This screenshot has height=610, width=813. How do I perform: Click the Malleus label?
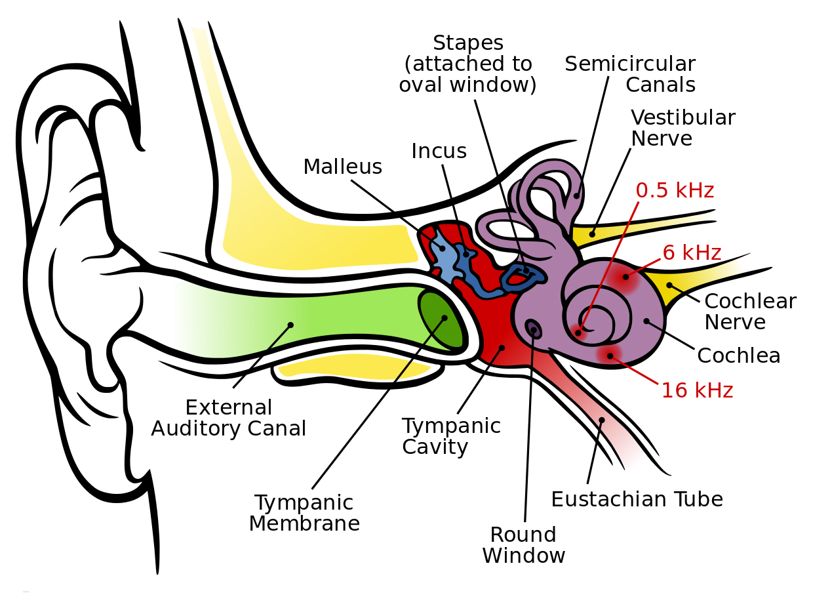342,167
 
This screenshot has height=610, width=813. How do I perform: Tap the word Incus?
439,151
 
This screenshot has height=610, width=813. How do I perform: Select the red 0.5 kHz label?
675,190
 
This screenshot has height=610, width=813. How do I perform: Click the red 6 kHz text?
692,253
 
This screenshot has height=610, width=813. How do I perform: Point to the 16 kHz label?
697,390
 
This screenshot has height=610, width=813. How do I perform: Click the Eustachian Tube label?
637,499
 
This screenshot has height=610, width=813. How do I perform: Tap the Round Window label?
523,545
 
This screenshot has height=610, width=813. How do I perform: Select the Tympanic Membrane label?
304,513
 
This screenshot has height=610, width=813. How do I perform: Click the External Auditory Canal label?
229,418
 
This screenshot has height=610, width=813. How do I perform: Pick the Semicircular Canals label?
630,74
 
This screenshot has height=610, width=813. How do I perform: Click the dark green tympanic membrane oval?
441,321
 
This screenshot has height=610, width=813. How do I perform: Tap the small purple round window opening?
533,329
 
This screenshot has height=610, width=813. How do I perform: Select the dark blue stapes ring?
523,277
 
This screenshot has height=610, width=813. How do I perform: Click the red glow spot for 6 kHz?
625,277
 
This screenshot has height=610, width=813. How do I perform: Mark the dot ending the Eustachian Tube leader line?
601,420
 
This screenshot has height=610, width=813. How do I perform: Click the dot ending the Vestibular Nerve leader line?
592,234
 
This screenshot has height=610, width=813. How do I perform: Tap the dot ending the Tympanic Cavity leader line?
502,348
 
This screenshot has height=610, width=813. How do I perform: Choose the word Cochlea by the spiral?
738,356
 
